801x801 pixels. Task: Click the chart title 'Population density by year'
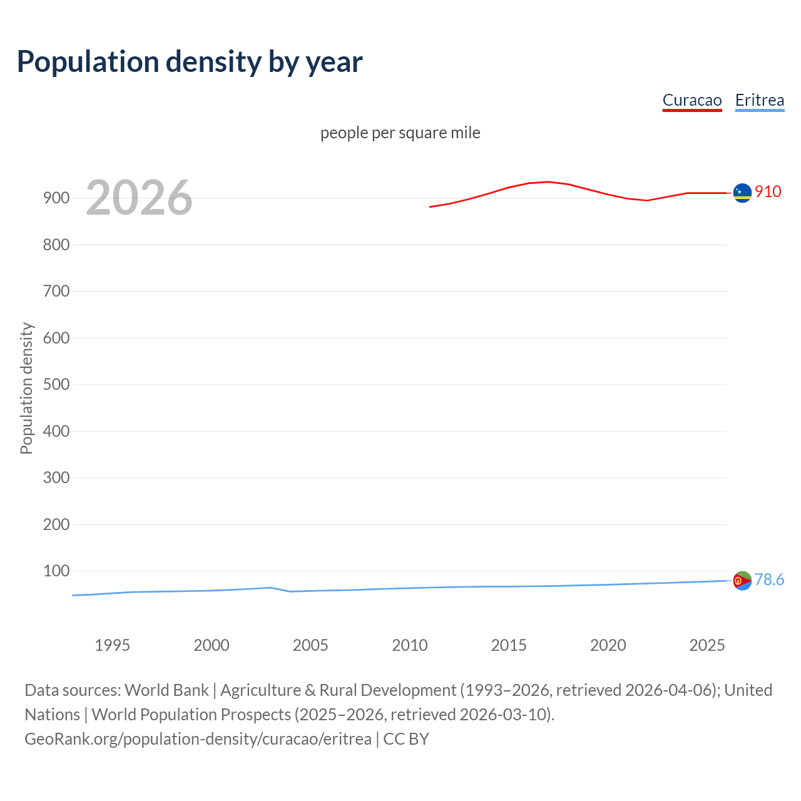(190, 62)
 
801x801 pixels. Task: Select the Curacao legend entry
(691, 100)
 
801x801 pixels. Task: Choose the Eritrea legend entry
(759, 100)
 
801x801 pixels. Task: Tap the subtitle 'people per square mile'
(400, 133)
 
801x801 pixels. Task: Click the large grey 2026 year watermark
(139, 198)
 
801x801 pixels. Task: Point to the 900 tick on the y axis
(56, 198)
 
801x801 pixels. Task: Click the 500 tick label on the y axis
(56, 385)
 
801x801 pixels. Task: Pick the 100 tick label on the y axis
(56, 571)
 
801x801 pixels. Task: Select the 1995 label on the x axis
(112, 645)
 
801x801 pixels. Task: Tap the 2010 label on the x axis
(410, 645)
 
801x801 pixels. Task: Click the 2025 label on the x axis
(707, 645)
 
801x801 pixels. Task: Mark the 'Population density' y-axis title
(26, 388)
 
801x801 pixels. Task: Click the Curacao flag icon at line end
(742, 193)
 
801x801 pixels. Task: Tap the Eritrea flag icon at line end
(742, 581)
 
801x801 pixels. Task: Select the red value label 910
(768, 191)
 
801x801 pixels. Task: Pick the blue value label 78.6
(769, 579)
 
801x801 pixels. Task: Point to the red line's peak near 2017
(548, 181)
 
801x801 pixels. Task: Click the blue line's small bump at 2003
(270, 588)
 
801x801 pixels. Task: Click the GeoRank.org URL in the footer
(198, 738)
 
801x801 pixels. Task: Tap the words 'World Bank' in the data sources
(166, 690)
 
